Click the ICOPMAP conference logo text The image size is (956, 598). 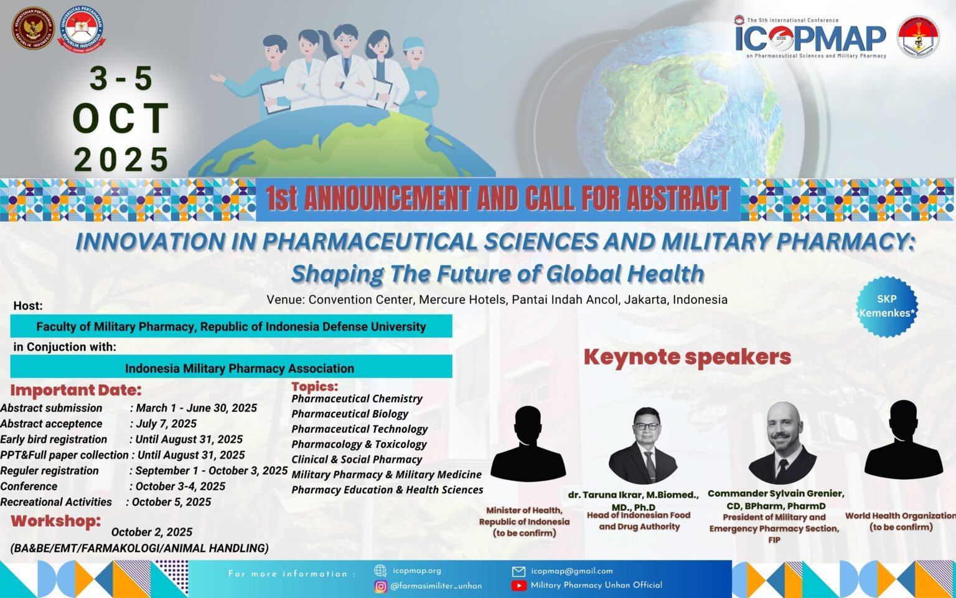(x=810, y=39)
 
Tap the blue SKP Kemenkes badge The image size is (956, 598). (x=886, y=306)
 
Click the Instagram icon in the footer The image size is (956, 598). (x=381, y=586)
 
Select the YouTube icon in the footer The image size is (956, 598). (x=518, y=586)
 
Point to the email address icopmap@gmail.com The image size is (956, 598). (x=571, y=571)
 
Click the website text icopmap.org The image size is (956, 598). (x=416, y=571)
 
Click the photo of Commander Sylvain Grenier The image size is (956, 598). (x=782, y=443)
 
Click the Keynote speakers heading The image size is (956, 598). (x=687, y=357)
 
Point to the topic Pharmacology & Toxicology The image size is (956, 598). (x=359, y=444)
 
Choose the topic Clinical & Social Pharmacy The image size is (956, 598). (x=357, y=460)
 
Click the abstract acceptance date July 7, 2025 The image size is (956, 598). (x=166, y=424)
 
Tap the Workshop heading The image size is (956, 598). (x=55, y=521)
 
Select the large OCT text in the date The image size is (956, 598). (x=121, y=118)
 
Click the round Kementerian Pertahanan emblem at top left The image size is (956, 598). (x=33, y=29)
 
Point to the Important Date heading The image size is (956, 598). (x=76, y=391)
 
